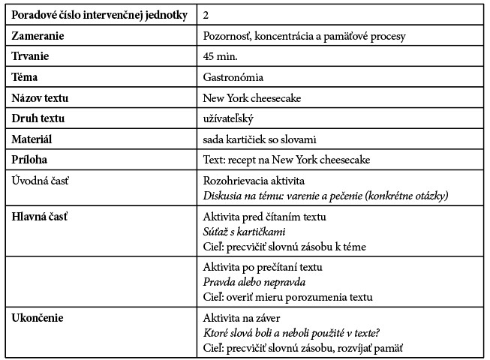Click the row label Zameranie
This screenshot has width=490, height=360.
click(x=38, y=36)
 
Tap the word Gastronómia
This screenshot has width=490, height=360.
click(x=233, y=77)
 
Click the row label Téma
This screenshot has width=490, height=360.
click(x=26, y=77)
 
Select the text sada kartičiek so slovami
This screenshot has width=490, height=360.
click(x=259, y=139)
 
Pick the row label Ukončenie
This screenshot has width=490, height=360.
click(x=36, y=318)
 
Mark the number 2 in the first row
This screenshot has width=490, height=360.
click(x=206, y=15)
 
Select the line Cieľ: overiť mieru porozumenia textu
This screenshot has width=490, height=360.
click(x=287, y=296)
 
